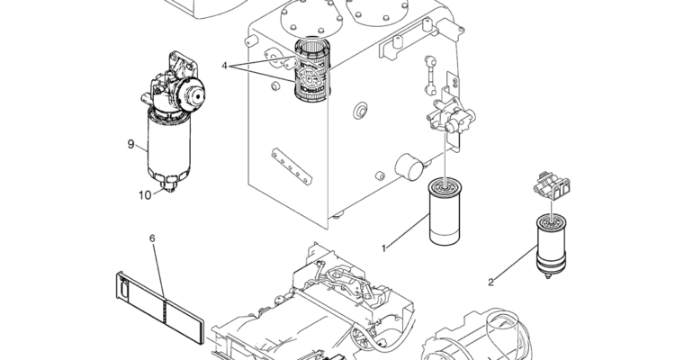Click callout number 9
[x=130, y=144]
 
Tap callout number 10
[x=145, y=195]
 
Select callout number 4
[x=224, y=66]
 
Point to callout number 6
[x=152, y=238]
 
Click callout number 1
[x=384, y=248]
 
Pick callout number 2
[x=490, y=283]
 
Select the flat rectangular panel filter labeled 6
[x=159, y=307]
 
